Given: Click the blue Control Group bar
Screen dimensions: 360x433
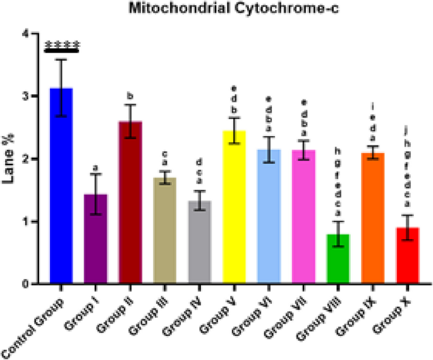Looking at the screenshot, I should pyautogui.click(x=61, y=190).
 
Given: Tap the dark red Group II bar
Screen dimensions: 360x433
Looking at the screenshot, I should pyautogui.click(x=131, y=202).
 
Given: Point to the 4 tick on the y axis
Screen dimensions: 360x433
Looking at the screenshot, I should pyautogui.click(x=26, y=34).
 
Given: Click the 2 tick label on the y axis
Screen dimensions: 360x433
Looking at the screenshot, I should pyautogui.click(x=26, y=159).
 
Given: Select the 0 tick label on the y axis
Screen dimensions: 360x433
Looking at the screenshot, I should pyautogui.click(x=26, y=284).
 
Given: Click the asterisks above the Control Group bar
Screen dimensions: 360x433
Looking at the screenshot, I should pyautogui.click(x=61, y=45).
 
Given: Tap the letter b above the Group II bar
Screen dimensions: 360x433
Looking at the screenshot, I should pyautogui.click(x=131, y=96).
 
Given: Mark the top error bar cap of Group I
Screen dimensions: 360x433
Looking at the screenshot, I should pyautogui.click(x=96, y=174).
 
